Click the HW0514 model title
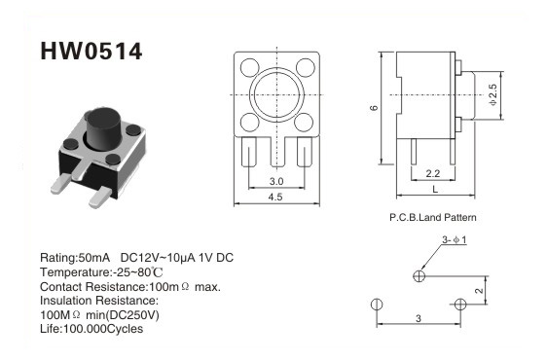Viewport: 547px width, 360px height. click(91, 52)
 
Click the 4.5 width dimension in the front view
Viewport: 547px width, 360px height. click(275, 198)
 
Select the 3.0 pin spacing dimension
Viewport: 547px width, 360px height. click(276, 181)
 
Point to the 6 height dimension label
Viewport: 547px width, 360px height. click(374, 108)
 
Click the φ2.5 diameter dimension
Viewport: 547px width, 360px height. click(492, 95)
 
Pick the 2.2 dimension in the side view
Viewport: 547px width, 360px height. click(432, 173)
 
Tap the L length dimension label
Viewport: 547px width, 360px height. click(435, 190)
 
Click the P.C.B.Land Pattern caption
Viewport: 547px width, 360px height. click(432, 218)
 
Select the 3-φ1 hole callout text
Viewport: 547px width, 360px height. click(455, 239)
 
